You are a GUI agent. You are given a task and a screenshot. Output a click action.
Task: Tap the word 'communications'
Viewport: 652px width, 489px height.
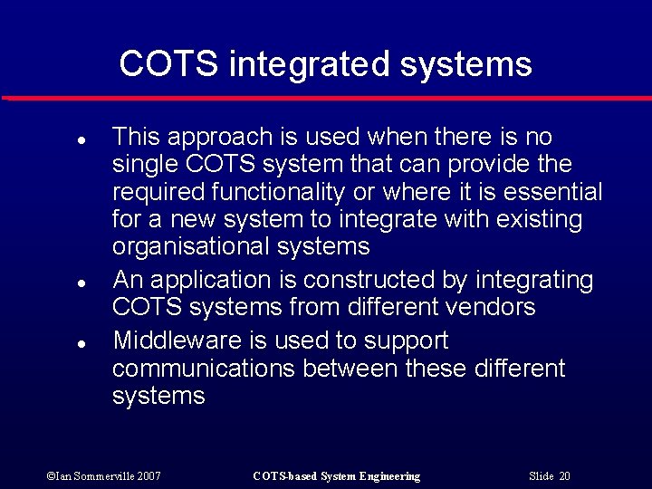(204, 369)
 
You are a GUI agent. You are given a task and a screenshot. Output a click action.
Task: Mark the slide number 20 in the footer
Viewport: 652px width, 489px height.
(564, 476)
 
